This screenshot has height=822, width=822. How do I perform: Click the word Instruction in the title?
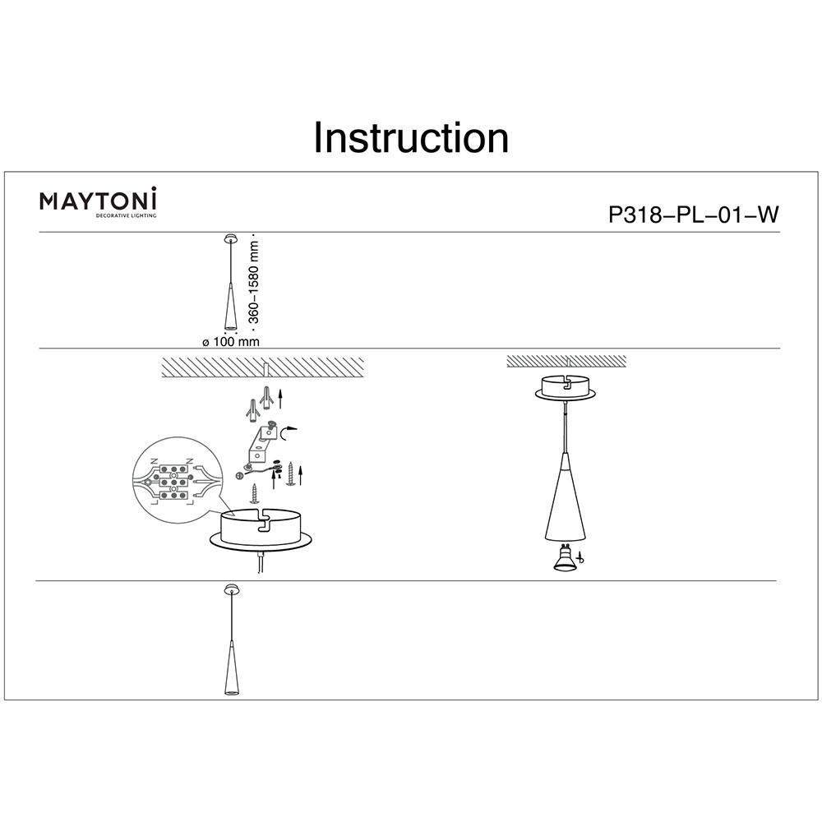(x=411, y=137)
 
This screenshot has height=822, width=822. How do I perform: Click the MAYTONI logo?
(x=98, y=202)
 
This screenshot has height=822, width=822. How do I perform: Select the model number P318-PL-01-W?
(x=693, y=215)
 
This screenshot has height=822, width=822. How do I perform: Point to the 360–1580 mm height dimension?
(x=253, y=282)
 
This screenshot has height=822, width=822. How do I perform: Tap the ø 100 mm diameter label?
(x=231, y=342)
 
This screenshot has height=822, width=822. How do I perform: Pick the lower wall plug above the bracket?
(x=252, y=409)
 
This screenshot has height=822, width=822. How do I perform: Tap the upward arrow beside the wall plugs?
(x=280, y=399)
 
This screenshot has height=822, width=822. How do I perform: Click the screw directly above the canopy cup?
(x=255, y=492)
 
